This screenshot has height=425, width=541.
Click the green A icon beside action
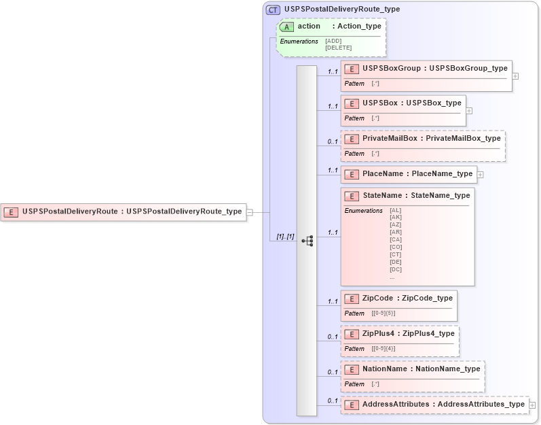coord(286,27)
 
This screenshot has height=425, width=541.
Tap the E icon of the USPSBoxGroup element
coord(352,69)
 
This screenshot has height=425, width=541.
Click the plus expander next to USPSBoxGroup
coord(515,76)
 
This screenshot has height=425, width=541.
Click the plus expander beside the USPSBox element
coord(469,110)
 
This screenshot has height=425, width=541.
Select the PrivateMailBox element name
coord(390,138)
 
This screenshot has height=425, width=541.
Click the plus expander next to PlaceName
coord(481,174)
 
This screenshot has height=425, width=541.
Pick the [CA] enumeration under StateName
coord(396,239)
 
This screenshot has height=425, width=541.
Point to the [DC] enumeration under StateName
coord(396,269)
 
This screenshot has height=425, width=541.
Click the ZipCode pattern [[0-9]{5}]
coord(384,313)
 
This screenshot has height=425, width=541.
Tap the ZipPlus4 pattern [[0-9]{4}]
coord(384,348)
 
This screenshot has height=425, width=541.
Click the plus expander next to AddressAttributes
coord(532,405)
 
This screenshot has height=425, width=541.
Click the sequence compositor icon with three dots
coord(307,241)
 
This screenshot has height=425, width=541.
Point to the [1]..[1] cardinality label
coord(284,237)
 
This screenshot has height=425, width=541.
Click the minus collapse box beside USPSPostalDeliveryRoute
coord(250,211)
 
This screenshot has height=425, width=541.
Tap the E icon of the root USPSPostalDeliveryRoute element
coord(12,211)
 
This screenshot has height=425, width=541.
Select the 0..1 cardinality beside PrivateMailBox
coord(333,141)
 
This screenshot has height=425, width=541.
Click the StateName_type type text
coord(442,195)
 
